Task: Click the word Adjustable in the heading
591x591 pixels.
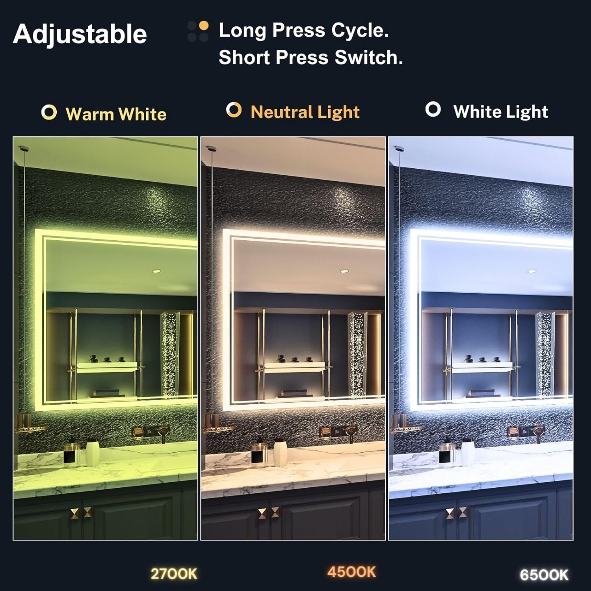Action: [80, 34]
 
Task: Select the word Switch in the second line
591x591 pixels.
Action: [368, 58]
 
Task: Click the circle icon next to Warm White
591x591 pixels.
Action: [49, 113]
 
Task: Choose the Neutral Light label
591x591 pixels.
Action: [305, 112]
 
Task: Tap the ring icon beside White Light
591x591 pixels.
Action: [433, 110]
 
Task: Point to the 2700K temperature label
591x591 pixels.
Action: [174, 574]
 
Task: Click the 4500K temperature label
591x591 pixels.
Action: [351, 572]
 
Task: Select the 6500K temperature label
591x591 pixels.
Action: [544, 575]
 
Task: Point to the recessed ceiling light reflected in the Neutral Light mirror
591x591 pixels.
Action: [343, 272]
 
